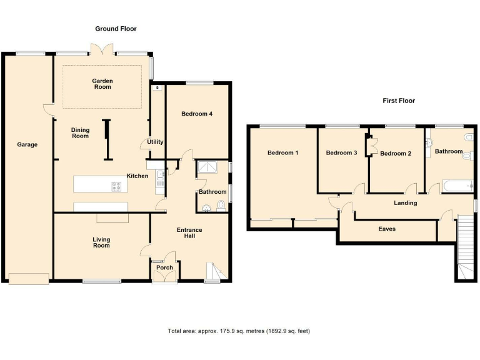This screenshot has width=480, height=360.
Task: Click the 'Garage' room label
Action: [x=27, y=144]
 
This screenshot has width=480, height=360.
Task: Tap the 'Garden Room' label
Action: [x=102, y=84]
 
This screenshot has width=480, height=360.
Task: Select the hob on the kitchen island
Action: [x=116, y=186]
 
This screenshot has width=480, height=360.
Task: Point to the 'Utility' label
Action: [x=155, y=142]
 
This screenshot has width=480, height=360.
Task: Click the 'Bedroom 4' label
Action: [x=197, y=114]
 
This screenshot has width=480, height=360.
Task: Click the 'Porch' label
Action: [x=164, y=267]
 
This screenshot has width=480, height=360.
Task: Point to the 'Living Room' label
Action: [x=101, y=242]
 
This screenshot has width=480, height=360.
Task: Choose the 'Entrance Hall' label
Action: [x=189, y=233]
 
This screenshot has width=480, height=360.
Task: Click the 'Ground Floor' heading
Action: [x=116, y=29]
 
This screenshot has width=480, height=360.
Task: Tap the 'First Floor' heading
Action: [x=399, y=101]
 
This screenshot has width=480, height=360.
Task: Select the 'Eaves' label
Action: [x=387, y=229]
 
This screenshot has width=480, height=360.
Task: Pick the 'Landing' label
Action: [x=405, y=202]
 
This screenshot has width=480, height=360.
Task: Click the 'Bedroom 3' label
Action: [x=341, y=152]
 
